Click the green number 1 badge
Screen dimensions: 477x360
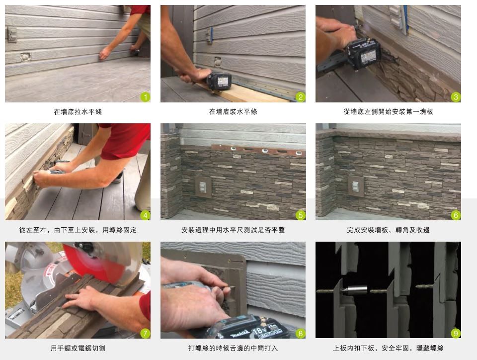click(x=145, y=97)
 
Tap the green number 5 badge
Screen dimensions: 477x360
click(x=300, y=215)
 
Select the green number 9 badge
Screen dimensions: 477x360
click(x=456, y=333)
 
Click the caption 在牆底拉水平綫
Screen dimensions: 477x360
click(x=78, y=112)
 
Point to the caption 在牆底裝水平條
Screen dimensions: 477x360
click(x=233, y=112)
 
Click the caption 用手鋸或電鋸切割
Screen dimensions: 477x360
click(x=78, y=348)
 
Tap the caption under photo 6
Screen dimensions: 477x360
click(x=388, y=230)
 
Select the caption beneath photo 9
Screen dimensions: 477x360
click(x=388, y=348)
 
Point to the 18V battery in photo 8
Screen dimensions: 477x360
click(x=254, y=328)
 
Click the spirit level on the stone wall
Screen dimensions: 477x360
click(x=258, y=150)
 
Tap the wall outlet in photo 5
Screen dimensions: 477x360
click(x=203, y=187)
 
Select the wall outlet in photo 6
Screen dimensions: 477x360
click(x=356, y=186)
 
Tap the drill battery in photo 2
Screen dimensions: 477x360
click(x=219, y=81)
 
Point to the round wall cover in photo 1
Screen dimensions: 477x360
click(x=25, y=57)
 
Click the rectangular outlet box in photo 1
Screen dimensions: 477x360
click(x=12, y=34)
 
